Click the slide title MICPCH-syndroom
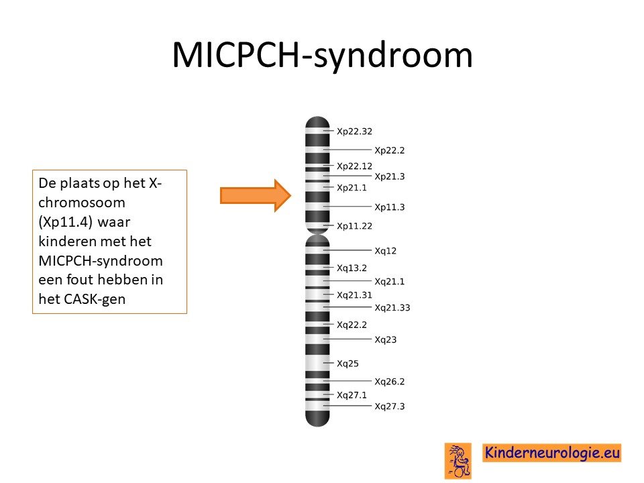tap(323, 55)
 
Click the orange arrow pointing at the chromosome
tap(256, 195)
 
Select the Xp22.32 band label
tap(354, 131)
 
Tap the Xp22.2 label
tap(389, 150)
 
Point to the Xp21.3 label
tap(389, 176)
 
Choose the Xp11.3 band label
tap(389, 207)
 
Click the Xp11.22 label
tap(354, 226)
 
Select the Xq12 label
tap(385, 251)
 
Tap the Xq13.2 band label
tap(352, 268)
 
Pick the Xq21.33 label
tap(392, 308)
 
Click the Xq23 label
tap(385, 339)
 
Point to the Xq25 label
tap(347, 364)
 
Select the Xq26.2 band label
tap(389, 382)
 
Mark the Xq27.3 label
tap(389, 407)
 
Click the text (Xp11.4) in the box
tap(65, 222)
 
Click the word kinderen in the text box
tap(66, 241)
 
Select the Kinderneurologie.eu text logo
tap(551, 453)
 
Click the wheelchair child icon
tap(458, 462)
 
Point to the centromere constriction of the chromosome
tap(317, 234)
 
